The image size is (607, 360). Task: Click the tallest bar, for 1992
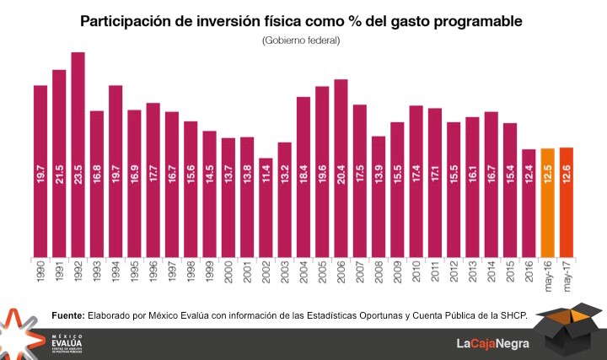pyautogui.click(x=78, y=152)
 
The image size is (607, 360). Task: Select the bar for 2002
pyautogui.click(x=265, y=207)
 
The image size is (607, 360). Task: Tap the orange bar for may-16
pyautogui.click(x=546, y=202)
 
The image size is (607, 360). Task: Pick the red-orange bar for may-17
pyautogui.click(x=566, y=202)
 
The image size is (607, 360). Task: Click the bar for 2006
pyautogui.click(x=341, y=169)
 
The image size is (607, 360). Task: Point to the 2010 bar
pyautogui.click(x=416, y=181)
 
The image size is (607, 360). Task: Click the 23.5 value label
pyautogui.click(x=78, y=175)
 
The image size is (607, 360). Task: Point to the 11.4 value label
pyautogui.click(x=266, y=175)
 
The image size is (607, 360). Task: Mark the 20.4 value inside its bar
pyautogui.click(x=341, y=175)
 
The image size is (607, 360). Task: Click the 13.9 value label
pyautogui.click(x=379, y=175)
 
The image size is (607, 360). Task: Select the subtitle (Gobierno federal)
pyautogui.click(x=301, y=40)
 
